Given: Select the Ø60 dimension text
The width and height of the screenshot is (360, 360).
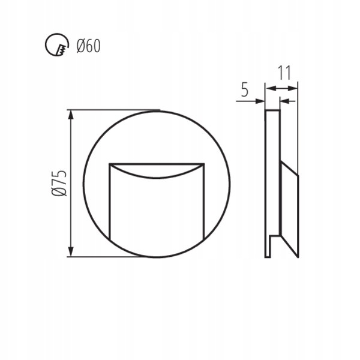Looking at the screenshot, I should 88,46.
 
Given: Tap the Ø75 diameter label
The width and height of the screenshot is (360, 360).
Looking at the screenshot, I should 58,184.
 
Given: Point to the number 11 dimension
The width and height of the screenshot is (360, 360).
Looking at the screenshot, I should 284,73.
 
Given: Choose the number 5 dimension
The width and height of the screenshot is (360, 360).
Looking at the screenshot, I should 244,90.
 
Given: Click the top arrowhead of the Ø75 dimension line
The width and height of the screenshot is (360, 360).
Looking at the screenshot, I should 71,114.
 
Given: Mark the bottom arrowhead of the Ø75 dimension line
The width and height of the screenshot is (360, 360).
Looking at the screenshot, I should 71,253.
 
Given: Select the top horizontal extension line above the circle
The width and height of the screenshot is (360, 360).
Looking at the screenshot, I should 114,110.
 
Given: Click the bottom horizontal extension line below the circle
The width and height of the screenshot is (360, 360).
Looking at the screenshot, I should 108,257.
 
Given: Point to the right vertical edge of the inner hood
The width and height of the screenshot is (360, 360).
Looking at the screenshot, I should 203,198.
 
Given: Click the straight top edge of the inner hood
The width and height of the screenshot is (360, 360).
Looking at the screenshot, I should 156,163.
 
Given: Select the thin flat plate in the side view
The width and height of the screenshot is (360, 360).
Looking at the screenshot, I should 272,180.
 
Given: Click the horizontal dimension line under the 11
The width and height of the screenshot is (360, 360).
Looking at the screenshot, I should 282,88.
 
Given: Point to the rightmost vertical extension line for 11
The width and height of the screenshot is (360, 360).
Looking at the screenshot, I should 298,120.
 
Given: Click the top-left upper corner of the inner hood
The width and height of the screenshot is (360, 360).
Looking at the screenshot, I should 109,163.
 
